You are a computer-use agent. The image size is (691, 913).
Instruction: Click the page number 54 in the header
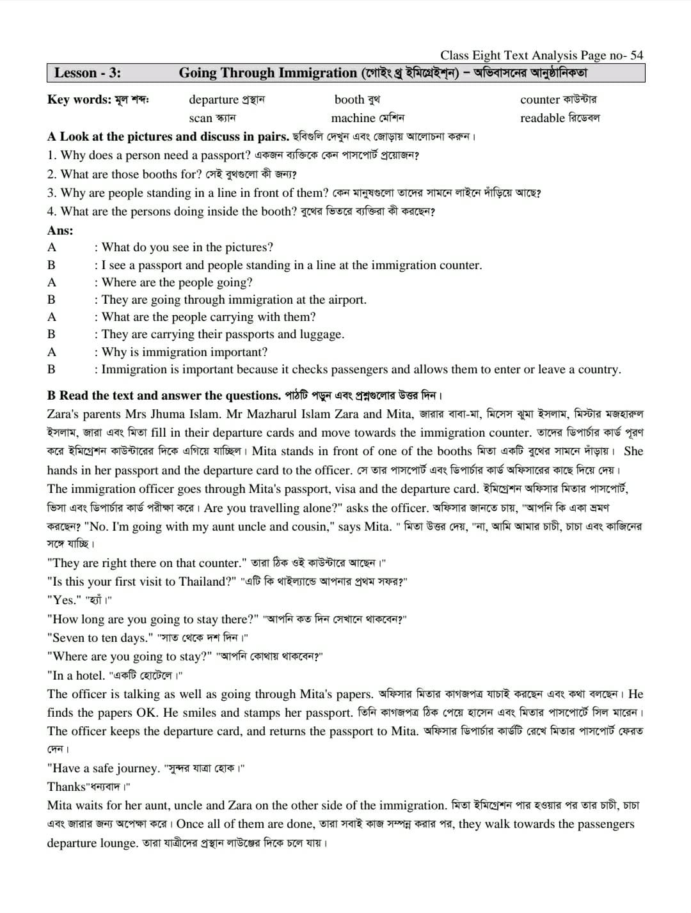[x=636, y=56]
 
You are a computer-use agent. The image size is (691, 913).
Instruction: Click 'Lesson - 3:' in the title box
[x=88, y=73]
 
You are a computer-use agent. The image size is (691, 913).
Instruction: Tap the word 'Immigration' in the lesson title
[x=320, y=73]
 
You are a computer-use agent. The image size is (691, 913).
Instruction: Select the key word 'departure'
[x=214, y=100]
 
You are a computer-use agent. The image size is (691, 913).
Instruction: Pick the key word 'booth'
[x=349, y=100]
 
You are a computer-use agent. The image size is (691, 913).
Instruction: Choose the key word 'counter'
[x=540, y=100]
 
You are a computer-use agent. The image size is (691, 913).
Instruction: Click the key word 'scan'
[x=200, y=118]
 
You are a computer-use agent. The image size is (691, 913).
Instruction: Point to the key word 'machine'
[x=353, y=118]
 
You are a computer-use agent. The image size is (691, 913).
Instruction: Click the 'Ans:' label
[x=60, y=230]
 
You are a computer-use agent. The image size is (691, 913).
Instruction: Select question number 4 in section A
[x=51, y=212]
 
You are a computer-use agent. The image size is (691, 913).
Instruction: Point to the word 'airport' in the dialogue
[x=345, y=300]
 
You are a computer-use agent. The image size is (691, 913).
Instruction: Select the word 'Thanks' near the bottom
[x=67, y=787]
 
